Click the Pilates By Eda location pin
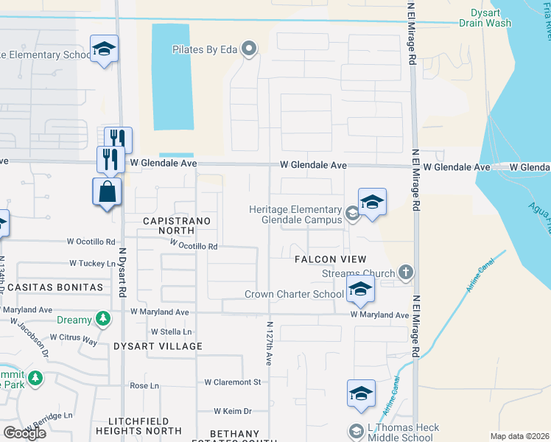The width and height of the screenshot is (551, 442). click(249, 50)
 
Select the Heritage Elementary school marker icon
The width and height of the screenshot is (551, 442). click(372, 202)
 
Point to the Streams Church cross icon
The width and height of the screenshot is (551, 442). click(405, 273)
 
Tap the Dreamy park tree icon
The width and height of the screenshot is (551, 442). click(104, 319)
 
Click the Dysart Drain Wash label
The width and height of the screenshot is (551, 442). click(485, 18)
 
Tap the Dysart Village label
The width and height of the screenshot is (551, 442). click(158, 345)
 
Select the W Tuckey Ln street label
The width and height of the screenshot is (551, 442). click(93, 263)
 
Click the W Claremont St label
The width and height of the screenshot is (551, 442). click(233, 382)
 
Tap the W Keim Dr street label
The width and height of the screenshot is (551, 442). click(232, 411)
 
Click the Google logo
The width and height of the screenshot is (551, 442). click(24, 433)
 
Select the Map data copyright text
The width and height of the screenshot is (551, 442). click(520, 436)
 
